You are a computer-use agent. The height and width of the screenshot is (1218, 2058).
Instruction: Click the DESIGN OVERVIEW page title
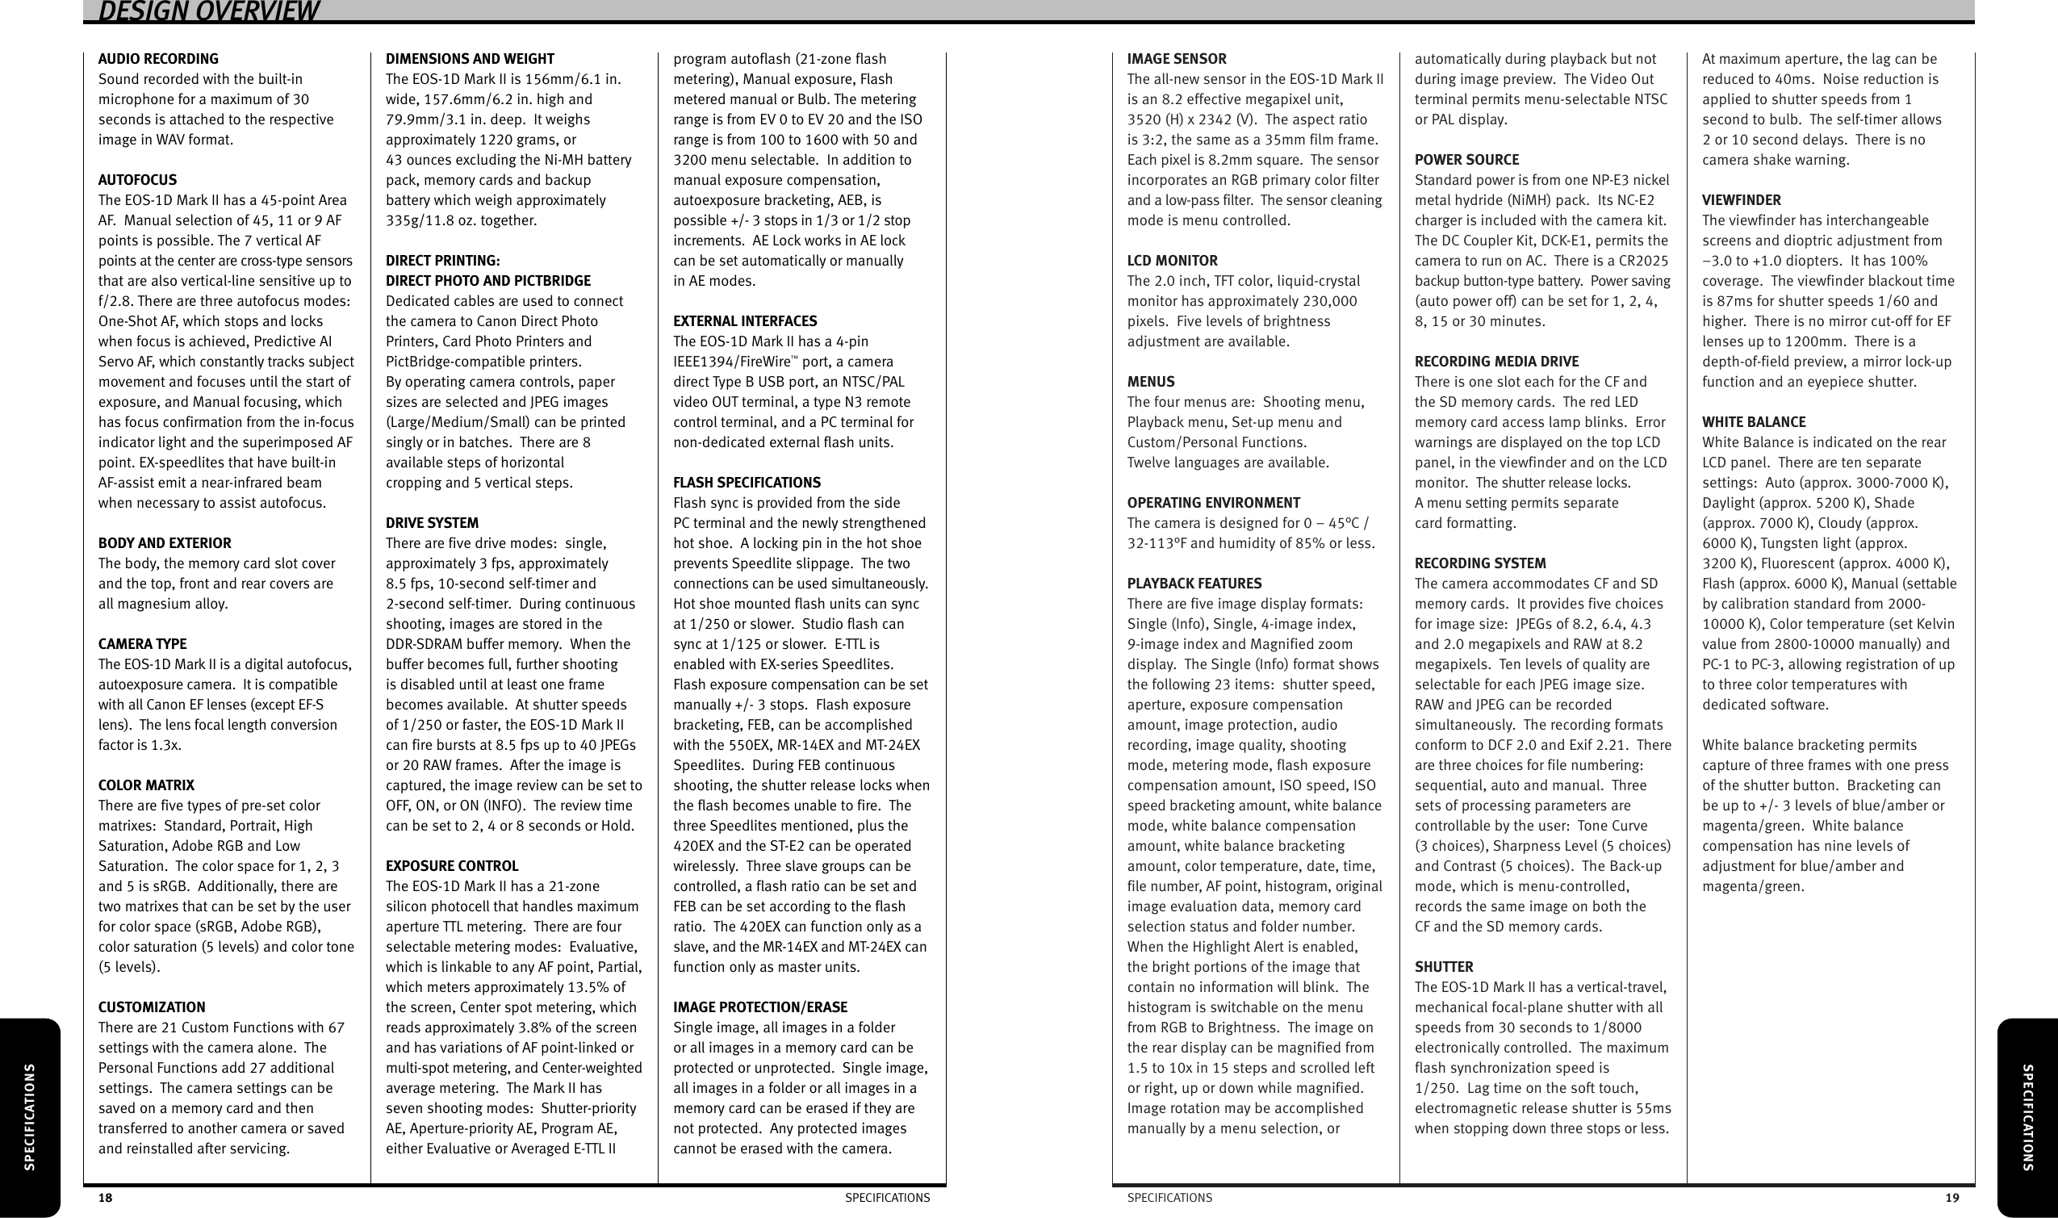(x=208, y=11)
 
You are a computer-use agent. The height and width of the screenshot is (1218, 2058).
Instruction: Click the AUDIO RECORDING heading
(x=158, y=59)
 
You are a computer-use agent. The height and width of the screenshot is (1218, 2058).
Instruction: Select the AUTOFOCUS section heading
(x=137, y=180)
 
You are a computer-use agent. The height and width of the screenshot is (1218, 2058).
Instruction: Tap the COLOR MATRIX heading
(x=146, y=785)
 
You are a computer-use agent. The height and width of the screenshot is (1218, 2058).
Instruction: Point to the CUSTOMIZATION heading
(x=152, y=1007)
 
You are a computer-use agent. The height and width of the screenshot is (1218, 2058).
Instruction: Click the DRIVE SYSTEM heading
(x=432, y=523)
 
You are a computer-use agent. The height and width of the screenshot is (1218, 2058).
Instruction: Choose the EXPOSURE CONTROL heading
(x=451, y=866)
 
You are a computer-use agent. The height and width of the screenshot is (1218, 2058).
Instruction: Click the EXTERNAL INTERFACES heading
(x=744, y=321)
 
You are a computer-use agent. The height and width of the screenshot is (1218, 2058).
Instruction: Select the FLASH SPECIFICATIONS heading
(x=747, y=483)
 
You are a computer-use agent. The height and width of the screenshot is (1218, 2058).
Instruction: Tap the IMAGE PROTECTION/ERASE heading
(x=760, y=1007)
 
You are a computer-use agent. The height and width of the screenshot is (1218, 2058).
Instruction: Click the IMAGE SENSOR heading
(x=1176, y=59)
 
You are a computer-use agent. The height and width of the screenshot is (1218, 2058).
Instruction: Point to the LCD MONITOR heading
(x=1172, y=261)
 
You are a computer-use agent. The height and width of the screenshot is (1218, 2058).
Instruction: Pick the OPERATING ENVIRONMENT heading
(x=1213, y=503)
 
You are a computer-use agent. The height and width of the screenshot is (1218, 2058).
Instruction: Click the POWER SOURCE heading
(x=1466, y=160)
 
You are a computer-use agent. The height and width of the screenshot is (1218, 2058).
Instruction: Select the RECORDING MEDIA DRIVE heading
(x=1496, y=362)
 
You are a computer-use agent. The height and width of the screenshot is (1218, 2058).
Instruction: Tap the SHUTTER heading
(x=1443, y=967)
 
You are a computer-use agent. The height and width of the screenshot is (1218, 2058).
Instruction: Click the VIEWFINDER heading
(x=1742, y=200)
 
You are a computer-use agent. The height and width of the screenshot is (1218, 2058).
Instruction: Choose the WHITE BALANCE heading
(x=1754, y=422)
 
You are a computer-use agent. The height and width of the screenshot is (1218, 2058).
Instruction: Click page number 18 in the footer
(x=105, y=1199)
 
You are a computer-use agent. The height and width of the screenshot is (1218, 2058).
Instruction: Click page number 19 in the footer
(x=1951, y=1199)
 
